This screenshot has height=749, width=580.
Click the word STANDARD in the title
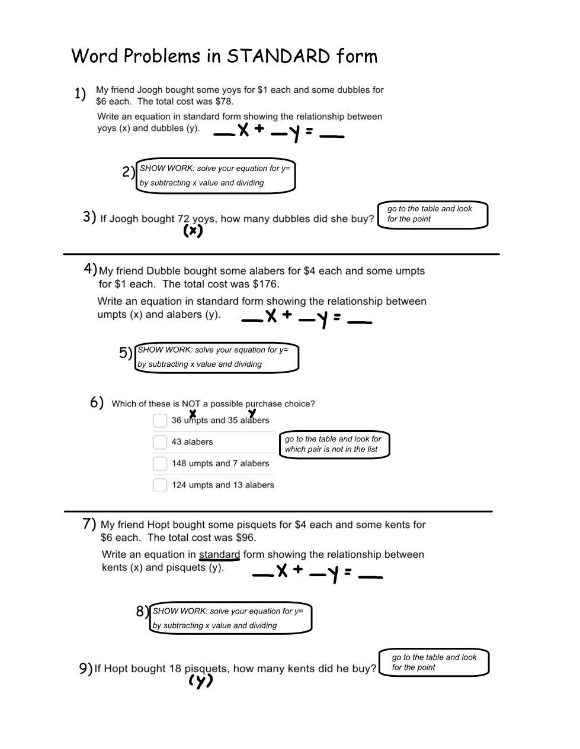click(278, 56)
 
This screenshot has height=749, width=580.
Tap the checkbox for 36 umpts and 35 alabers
click(160, 421)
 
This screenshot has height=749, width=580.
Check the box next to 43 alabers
click(160, 442)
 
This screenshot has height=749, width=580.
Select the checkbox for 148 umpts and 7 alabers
click(160, 464)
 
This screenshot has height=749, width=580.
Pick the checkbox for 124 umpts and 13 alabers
click(160, 485)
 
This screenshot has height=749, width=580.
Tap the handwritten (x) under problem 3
click(193, 231)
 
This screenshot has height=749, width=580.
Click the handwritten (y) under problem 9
click(200, 682)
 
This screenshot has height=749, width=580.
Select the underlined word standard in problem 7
click(219, 555)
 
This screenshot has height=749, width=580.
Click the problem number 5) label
click(125, 353)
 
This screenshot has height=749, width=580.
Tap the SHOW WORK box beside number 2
click(216, 176)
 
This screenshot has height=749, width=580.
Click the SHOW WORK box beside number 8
click(230, 618)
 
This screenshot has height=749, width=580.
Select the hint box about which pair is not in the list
click(334, 444)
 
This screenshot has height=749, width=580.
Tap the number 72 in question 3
click(183, 219)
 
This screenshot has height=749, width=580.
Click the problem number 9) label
click(85, 669)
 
